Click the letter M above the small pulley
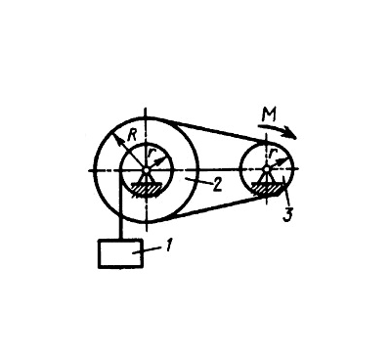point(270,115)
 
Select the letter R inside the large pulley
point(132,135)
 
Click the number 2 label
point(217,186)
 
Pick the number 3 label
point(286,215)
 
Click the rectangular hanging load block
point(120,254)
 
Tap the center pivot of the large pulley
point(147,170)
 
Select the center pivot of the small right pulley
point(266,169)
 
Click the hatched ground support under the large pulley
point(146,190)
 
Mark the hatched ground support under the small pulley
point(266,190)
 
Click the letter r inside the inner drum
point(151,152)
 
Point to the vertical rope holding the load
point(120,205)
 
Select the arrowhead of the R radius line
point(115,138)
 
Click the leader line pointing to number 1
point(152,249)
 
